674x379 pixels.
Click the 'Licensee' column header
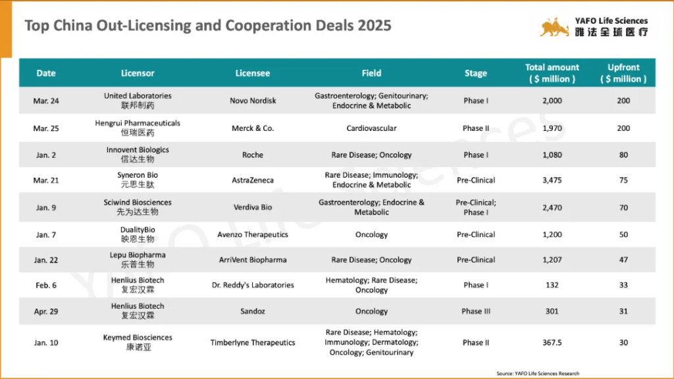[253, 73]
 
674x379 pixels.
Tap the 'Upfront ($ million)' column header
[623, 73]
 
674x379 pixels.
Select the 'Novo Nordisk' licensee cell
[253, 101]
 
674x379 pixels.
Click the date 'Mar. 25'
[46, 128]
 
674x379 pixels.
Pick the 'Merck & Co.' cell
[253, 128]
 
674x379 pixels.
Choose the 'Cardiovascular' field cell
[371, 128]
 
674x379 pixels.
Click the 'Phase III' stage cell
[476, 311]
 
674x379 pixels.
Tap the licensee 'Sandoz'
[253, 311]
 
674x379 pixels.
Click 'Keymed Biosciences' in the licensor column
[138, 338]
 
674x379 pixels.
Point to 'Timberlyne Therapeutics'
[253, 343]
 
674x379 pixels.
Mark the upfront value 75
[623, 180]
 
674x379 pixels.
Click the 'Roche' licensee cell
[253, 155]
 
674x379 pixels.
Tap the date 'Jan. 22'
[46, 260]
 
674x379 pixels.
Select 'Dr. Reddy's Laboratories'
[253, 285]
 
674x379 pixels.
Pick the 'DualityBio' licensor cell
[138, 230]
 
